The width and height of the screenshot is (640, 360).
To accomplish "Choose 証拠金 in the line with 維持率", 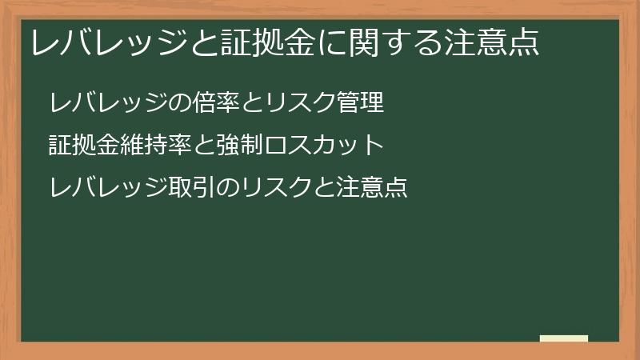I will pyautogui.click(x=84, y=146).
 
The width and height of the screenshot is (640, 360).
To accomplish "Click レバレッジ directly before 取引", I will pyautogui.click(x=108, y=188).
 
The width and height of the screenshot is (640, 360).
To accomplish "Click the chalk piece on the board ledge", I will pyautogui.click(x=563, y=338).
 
